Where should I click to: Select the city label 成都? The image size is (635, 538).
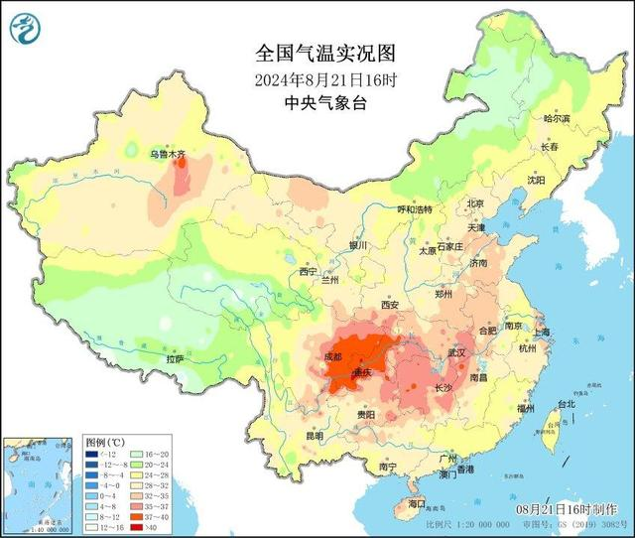coord(332,356)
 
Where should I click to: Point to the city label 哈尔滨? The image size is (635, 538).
coord(557,118)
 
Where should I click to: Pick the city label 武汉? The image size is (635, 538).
coord(456,352)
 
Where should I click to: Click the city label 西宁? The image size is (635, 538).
coord(308,271)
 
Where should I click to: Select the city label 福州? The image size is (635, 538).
coord(525,408)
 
